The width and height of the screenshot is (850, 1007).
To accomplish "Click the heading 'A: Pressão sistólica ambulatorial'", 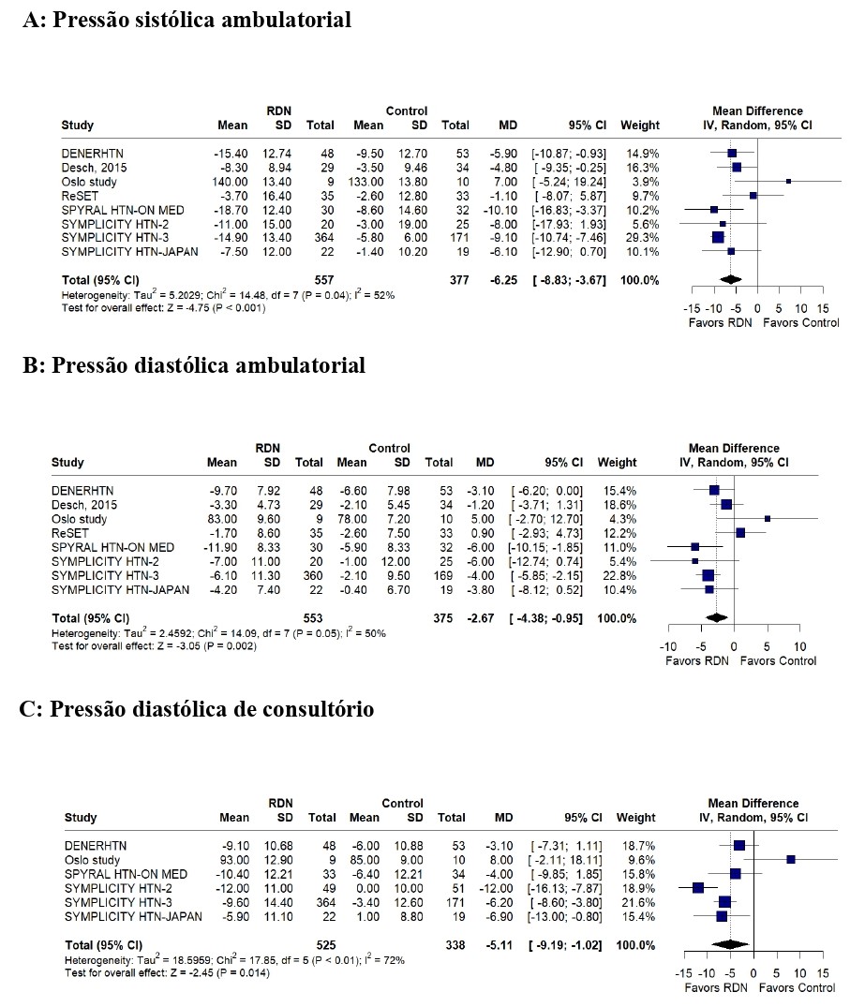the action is (x=186, y=20).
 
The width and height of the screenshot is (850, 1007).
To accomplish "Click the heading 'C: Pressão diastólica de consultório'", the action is (x=197, y=709).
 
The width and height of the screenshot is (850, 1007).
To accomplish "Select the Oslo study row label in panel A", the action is (x=89, y=182).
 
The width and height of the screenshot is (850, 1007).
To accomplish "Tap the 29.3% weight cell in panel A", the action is (x=643, y=238).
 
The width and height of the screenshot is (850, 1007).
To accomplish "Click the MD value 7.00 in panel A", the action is (x=506, y=182).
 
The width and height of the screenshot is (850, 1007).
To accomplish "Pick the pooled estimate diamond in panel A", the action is (x=730, y=279).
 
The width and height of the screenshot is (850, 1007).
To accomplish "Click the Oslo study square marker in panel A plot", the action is (x=788, y=182).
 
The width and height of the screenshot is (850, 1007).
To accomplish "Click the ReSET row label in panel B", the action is (x=70, y=533).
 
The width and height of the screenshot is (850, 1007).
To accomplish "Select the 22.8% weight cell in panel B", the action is (x=619, y=575).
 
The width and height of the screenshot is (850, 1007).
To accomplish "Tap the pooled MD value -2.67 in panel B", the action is (x=480, y=618).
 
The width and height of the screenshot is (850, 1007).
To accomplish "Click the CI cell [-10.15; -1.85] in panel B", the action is (x=545, y=547).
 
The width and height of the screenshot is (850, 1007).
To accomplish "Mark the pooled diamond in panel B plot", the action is (x=716, y=618).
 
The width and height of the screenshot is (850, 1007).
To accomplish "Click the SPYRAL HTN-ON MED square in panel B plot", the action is (x=694, y=546).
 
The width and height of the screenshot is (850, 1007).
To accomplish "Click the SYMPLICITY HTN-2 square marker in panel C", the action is (x=698, y=888).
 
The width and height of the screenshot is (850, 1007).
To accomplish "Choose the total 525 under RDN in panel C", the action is (x=326, y=945).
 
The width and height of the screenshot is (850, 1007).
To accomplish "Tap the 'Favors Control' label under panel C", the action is (x=797, y=987).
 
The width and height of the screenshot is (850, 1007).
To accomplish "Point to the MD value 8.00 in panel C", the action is (x=501, y=860).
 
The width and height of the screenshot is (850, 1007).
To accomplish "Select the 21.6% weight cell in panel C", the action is (x=638, y=902).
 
